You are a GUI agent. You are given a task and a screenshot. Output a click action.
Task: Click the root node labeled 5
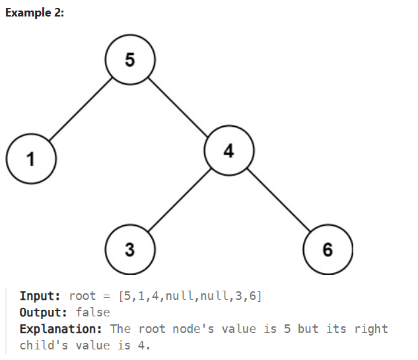point(130,60)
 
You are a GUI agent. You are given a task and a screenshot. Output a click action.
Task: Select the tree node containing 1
point(30,159)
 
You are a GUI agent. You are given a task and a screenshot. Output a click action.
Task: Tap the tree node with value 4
point(229,151)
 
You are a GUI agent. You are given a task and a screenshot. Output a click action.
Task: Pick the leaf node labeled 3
point(130,250)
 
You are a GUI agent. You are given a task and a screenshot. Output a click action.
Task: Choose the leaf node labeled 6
point(328,250)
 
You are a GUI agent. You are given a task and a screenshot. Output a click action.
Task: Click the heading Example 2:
point(34,15)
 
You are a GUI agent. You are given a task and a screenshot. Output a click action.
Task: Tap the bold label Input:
point(41,296)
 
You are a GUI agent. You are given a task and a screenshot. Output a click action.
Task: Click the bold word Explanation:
point(61,329)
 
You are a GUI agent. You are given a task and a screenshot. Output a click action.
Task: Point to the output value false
point(93,312)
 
